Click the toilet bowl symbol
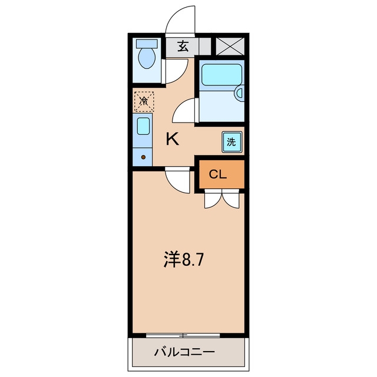147,58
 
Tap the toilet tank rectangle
147,44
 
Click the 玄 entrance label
183,47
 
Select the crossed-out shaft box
230,47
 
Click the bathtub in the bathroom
221,75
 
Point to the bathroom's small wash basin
239,93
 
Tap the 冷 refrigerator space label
144,101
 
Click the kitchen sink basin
144,126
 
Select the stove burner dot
143,157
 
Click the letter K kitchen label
173,139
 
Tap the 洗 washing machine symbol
232,142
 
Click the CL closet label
217,174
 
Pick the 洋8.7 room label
183,259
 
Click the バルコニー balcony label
184,352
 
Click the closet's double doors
222,199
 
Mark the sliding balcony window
183,335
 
